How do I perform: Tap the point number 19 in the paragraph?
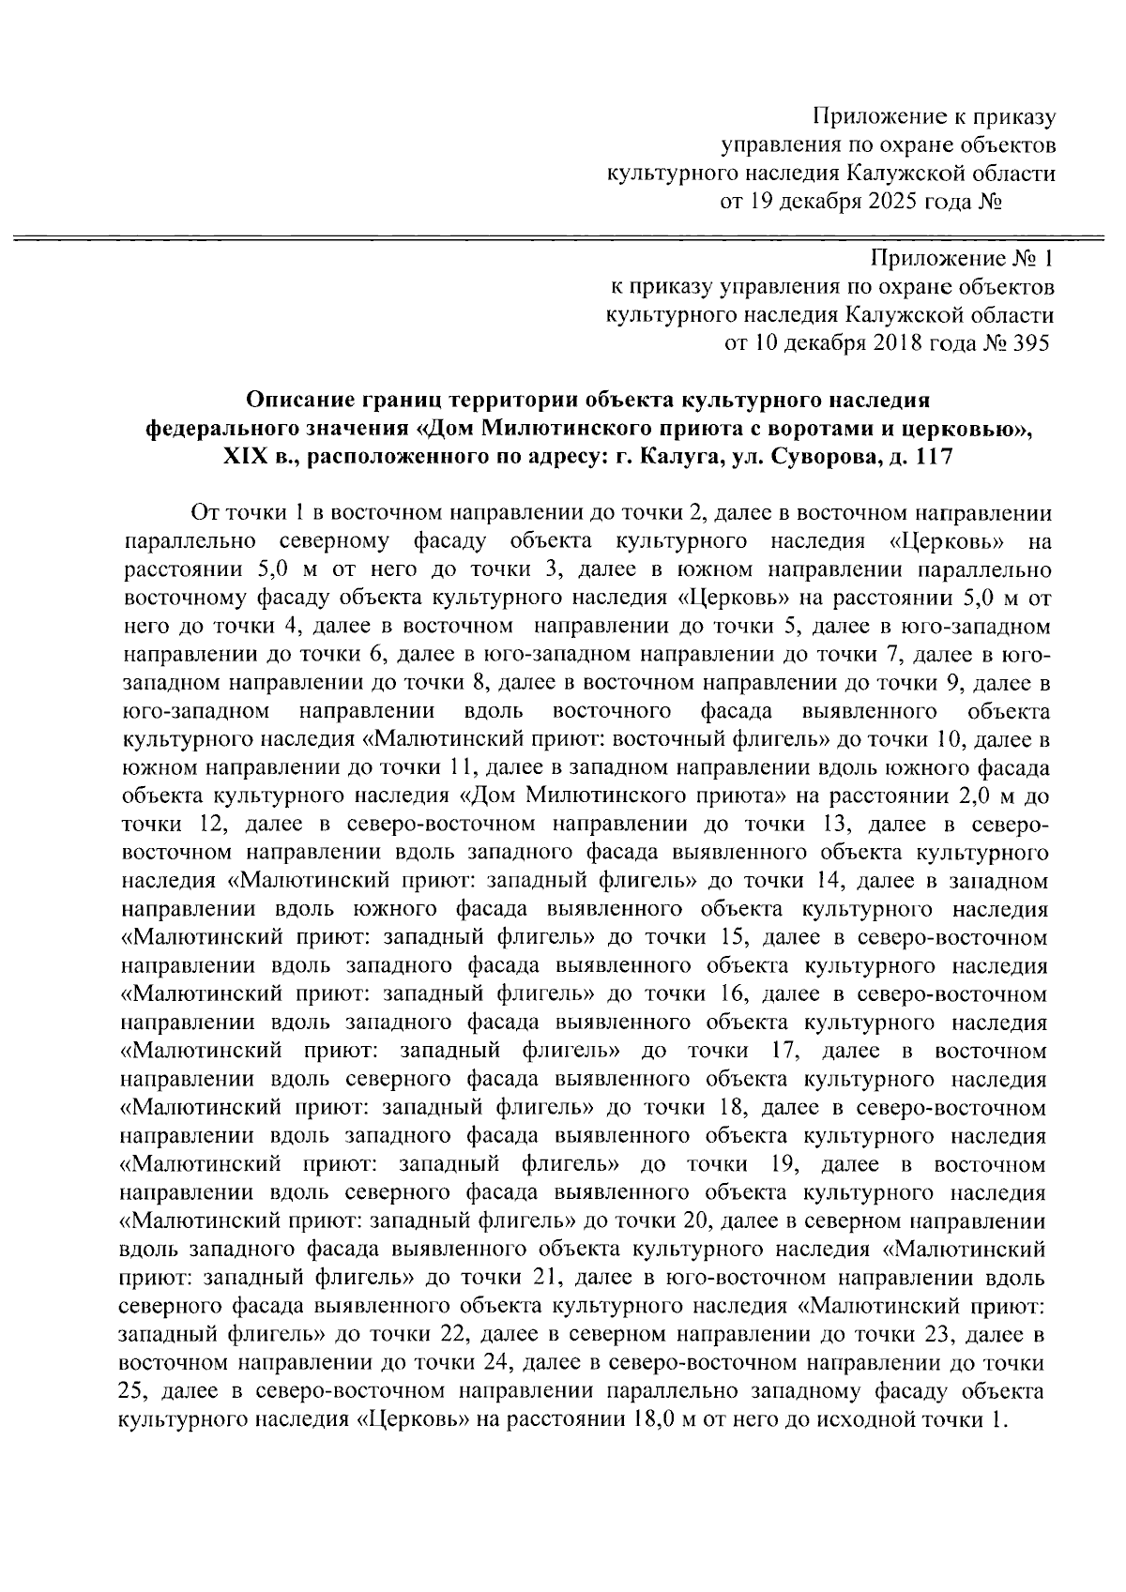click(781, 1163)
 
